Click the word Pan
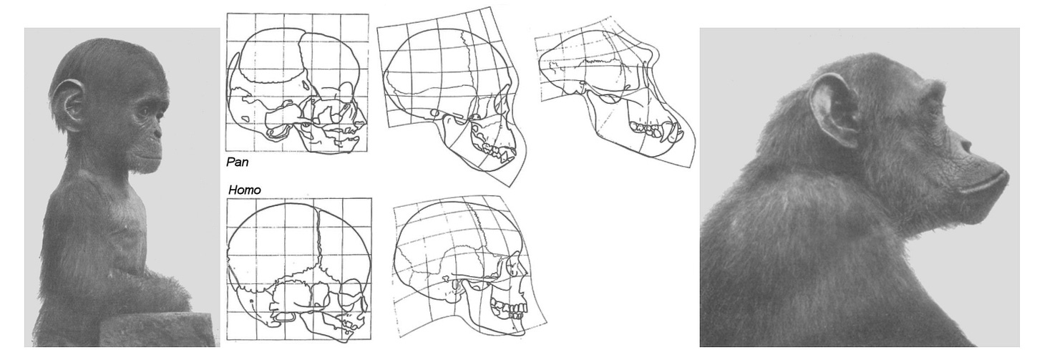[x=238, y=162]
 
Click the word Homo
[x=245, y=190]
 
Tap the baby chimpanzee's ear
[x=68, y=104]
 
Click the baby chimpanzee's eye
[x=145, y=112]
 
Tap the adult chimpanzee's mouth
[x=983, y=186]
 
